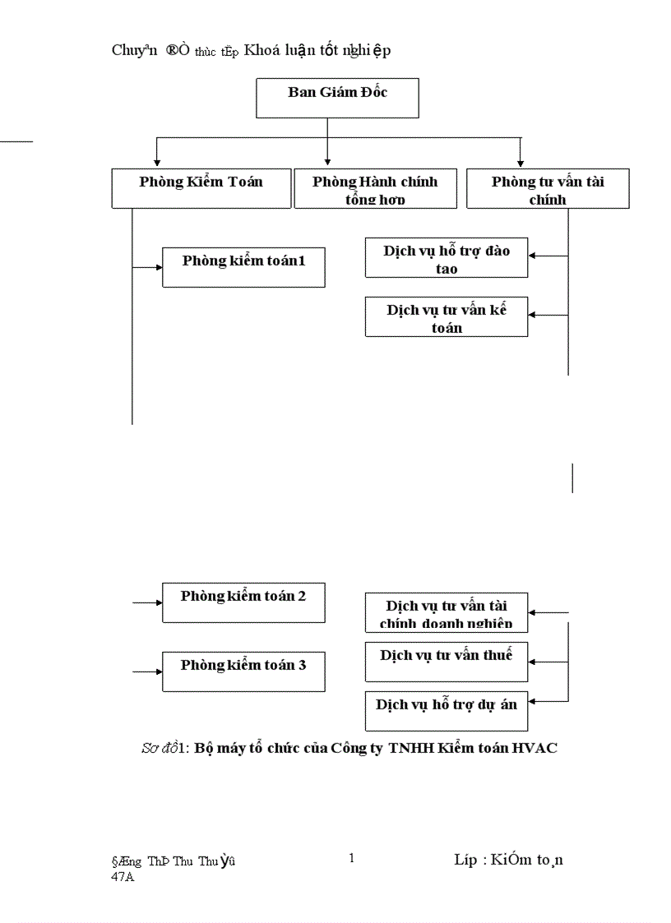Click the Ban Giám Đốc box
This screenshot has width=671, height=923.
[338, 99]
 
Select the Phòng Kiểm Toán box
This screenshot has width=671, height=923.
[201, 188]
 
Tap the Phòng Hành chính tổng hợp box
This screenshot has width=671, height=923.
[375, 188]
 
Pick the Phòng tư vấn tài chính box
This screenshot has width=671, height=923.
[548, 188]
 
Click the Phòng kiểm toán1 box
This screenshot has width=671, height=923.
[243, 267]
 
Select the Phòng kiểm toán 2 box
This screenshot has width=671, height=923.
[243, 602]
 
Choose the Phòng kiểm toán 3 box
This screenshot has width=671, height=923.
[243, 671]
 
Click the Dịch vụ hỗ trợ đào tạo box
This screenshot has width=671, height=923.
[447, 258]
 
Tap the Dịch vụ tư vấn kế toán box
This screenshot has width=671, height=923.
[447, 317]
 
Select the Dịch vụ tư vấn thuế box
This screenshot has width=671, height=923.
[447, 662]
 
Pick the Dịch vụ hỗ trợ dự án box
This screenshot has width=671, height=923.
[447, 711]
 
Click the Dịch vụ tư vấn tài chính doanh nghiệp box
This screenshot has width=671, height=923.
[447, 612]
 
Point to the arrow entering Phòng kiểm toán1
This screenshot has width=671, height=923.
[148, 267]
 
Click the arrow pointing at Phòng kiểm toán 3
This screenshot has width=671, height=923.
[148, 671]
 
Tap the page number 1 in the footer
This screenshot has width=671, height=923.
[352, 859]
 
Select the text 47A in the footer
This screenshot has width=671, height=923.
[123, 877]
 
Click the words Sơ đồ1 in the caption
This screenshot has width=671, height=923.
[165, 748]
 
